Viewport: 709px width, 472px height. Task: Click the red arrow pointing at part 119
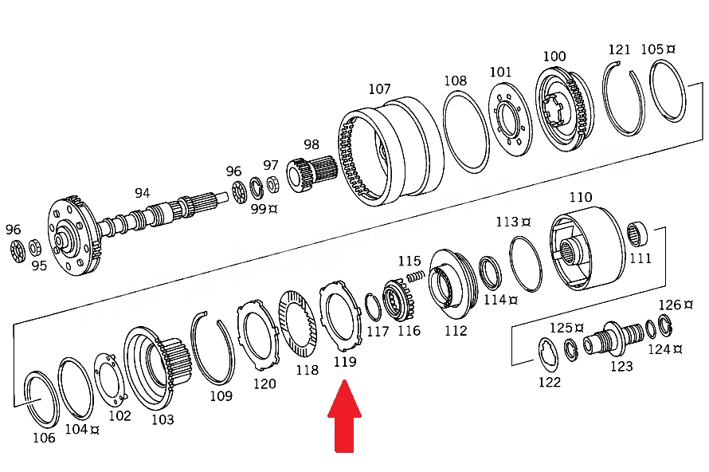345,415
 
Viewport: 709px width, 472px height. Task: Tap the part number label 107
379,88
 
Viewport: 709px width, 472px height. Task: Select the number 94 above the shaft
142,193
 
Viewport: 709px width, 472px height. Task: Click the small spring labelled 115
416,276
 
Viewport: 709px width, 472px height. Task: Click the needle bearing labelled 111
637,235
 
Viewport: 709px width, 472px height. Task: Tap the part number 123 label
621,366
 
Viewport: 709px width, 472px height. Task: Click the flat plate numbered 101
510,122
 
